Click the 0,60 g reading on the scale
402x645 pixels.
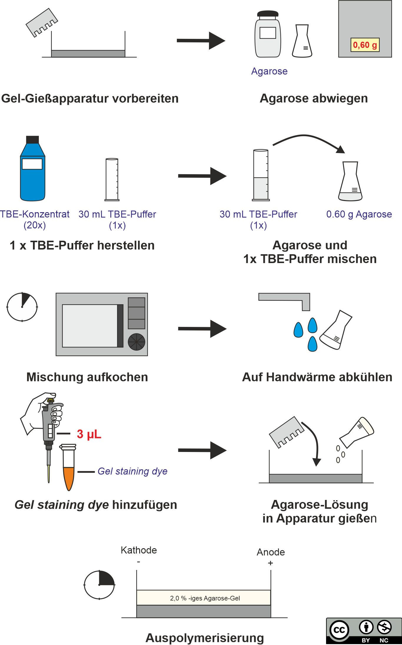click(365, 45)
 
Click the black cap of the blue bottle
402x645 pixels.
click(33, 139)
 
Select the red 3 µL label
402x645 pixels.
click(89, 434)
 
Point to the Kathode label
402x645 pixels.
click(139, 550)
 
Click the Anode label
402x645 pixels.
click(271, 552)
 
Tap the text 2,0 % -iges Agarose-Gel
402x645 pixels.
click(205, 598)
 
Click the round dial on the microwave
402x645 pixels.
click(137, 342)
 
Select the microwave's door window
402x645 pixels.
click(90, 326)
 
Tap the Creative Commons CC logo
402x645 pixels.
click(339, 630)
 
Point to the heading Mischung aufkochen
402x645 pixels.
click(87, 377)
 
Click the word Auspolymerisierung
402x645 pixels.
click(205, 638)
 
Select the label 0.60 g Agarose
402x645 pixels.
click(359, 214)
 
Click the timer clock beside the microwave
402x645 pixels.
click(22, 307)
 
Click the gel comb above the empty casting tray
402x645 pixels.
click(42, 23)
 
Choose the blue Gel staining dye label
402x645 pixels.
click(132, 471)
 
